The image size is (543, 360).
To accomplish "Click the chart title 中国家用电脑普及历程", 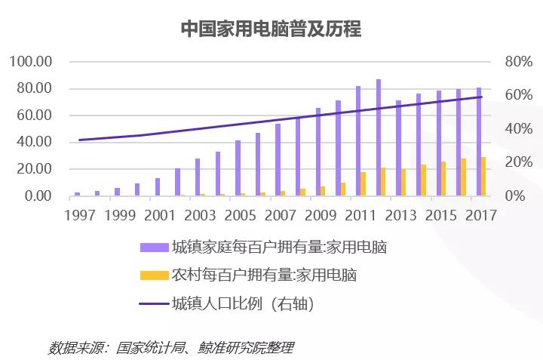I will [x=271, y=29].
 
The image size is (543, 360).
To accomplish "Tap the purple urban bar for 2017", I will [x=478, y=142].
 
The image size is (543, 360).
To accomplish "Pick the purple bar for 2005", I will [x=238, y=168].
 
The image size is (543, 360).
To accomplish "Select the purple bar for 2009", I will [x=318, y=152].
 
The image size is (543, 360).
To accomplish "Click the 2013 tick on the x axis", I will [x=400, y=216].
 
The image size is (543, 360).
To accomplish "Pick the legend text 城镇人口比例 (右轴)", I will [x=241, y=304].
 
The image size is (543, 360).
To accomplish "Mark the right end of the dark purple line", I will [x=481, y=97].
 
